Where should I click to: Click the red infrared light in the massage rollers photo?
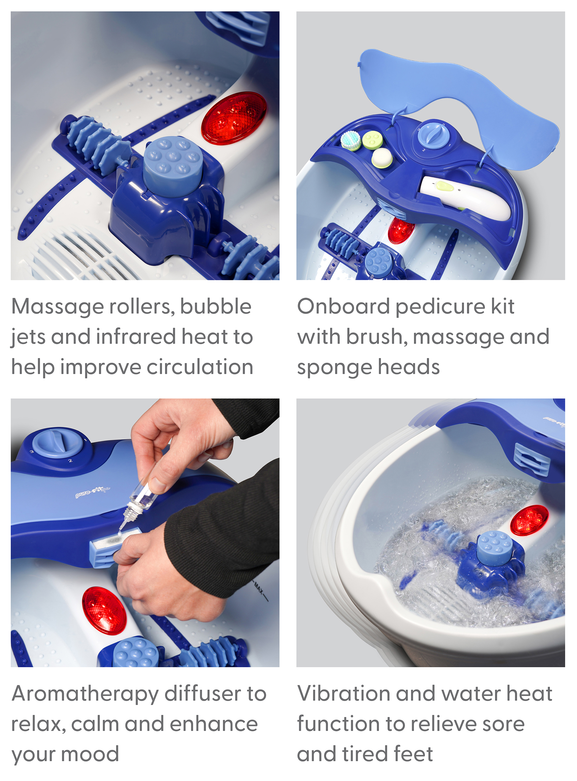(x=234, y=118)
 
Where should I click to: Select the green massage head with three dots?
(x=372, y=140)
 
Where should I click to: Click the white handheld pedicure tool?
(x=465, y=198)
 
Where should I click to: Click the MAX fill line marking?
(x=261, y=591)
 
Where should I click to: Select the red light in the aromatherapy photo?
(x=104, y=611)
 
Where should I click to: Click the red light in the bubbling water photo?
(x=529, y=520)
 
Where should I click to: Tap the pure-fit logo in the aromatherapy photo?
(x=93, y=491)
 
